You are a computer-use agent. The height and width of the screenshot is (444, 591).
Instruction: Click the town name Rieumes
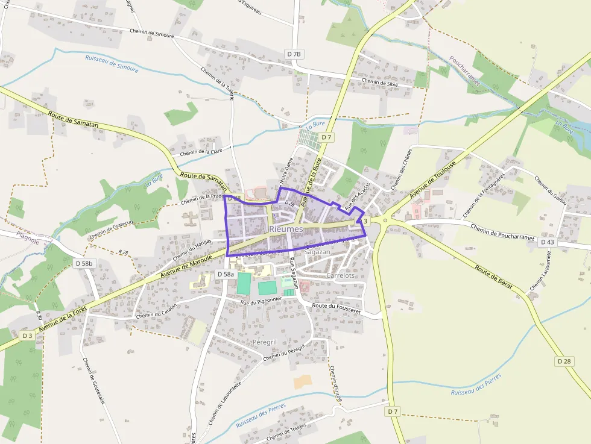[286, 229]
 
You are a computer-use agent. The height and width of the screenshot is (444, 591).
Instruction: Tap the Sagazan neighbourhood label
[317, 252]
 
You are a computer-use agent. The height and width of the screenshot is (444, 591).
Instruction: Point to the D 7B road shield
[294, 54]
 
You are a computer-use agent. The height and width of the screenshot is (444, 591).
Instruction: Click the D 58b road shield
[84, 263]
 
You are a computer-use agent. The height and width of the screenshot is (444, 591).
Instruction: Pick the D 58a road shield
[224, 274]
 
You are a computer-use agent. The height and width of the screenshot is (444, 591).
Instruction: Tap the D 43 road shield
[547, 242]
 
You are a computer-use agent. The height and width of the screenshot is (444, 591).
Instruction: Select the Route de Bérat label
[493, 277]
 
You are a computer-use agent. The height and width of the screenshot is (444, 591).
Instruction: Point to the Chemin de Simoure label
[152, 31]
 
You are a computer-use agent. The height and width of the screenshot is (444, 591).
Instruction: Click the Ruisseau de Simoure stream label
[112, 64]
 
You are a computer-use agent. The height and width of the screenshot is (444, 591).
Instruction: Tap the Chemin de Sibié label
[379, 82]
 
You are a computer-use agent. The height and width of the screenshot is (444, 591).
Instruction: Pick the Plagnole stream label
[28, 242]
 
